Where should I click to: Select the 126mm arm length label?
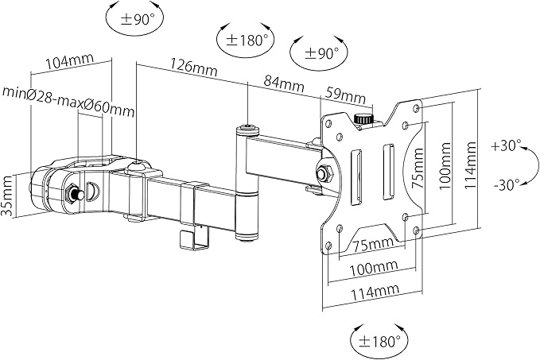(x=194, y=68)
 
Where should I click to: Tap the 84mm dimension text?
(x=284, y=83)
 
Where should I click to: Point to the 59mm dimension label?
(x=345, y=95)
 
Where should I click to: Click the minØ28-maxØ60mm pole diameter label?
(x=68, y=101)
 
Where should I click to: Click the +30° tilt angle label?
(x=507, y=145)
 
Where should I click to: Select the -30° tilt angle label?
(x=507, y=184)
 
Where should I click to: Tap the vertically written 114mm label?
(x=470, y=165)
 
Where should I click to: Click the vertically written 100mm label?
(x=445, y=166)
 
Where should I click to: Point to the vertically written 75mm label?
(x=418, y=168)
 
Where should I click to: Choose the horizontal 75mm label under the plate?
(x=373, y=244)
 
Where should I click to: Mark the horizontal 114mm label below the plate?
(x=375, y=292)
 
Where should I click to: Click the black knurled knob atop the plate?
(x=363, y=119)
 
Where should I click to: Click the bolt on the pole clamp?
(x=74, y=194)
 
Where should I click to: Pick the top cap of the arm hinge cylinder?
(x=247, y=130)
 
